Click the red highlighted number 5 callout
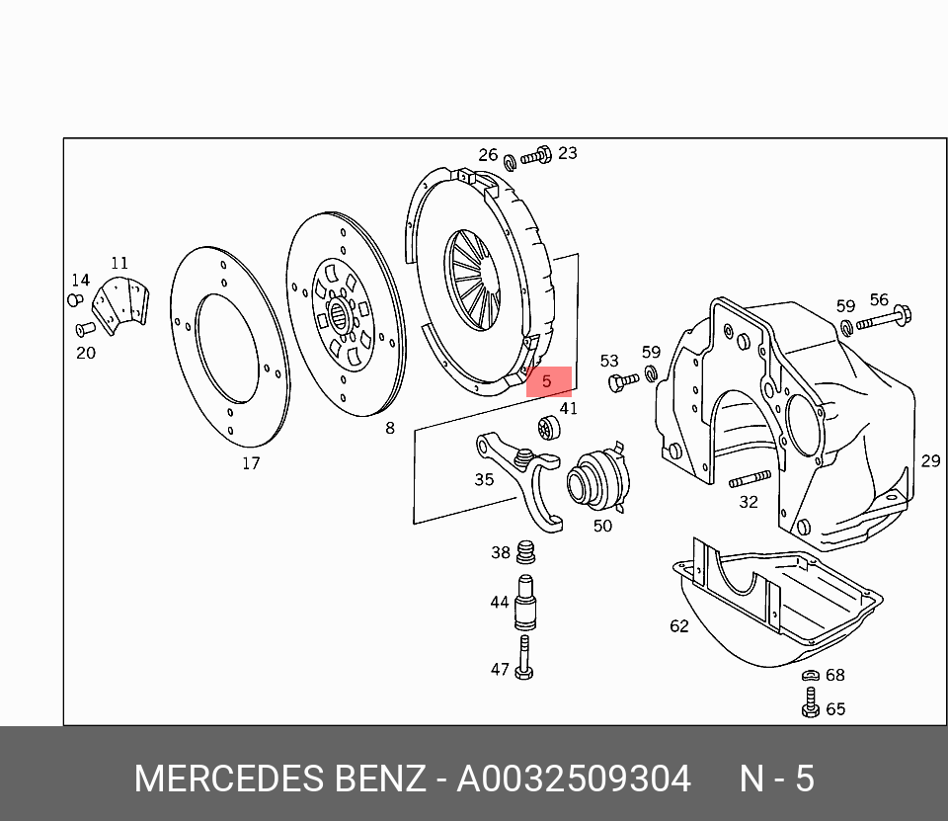[x=548, y=381]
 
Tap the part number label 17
[x=251, y=462]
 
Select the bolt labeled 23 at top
[x=536, y=156]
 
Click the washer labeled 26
[x=510, y=162]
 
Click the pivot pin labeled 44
[x=526, y=603]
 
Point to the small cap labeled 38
[x=526, y=550]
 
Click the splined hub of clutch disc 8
[x=340, y=317]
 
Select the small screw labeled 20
[x=85, y=328]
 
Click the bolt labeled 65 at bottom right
[x=810, y=705]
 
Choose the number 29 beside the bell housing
[x=930, y=460]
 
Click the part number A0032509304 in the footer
[x=573, y=780]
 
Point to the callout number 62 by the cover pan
[x=678, y=625]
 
